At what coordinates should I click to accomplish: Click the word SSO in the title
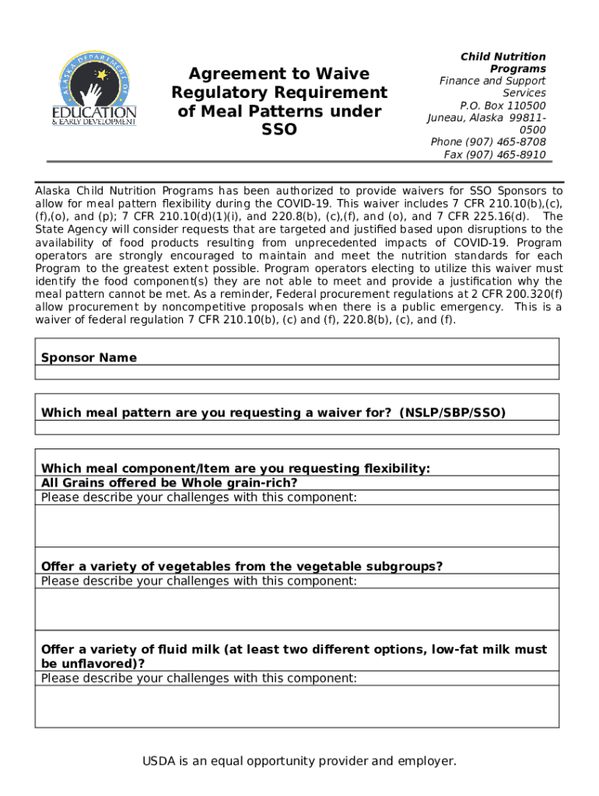pos(278,130)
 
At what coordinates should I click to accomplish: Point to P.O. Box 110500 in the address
pos(503,106)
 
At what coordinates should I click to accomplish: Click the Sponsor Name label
pos(89,358)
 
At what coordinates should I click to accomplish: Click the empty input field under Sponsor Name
pos(297,372)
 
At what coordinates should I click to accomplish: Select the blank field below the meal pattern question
pos(297,428)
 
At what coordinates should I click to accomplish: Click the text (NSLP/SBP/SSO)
pos(453,413)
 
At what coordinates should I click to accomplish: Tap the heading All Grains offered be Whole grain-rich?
pos(169,483)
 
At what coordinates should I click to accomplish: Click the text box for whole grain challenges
pos(297,526)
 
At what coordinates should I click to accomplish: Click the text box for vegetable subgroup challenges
pos(297,609)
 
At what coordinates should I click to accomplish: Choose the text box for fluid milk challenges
pos(297,707)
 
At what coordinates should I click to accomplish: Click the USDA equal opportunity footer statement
pos(299,761)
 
